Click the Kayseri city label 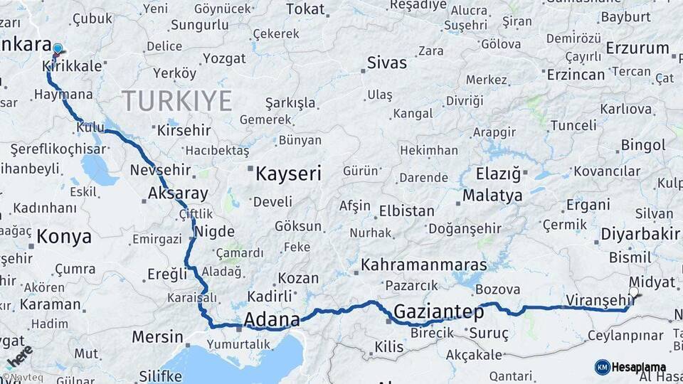click(288, 174)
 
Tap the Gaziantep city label click(438, 311)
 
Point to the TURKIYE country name click(177, 101)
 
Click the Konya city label click(64, 236)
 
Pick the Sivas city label click(387, 63)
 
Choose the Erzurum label click(637, 49)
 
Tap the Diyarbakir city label click(641, 234)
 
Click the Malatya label click(492, 195)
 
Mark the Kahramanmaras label click(424, 265)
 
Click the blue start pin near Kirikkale click(58, 49)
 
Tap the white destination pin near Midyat click(634, 292)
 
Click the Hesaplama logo click(630, 367)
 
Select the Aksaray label click(178, 193)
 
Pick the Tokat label click(305, 9)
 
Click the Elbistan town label click(406, 211)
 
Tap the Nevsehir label click(161, 170)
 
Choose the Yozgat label click(224, 58)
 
